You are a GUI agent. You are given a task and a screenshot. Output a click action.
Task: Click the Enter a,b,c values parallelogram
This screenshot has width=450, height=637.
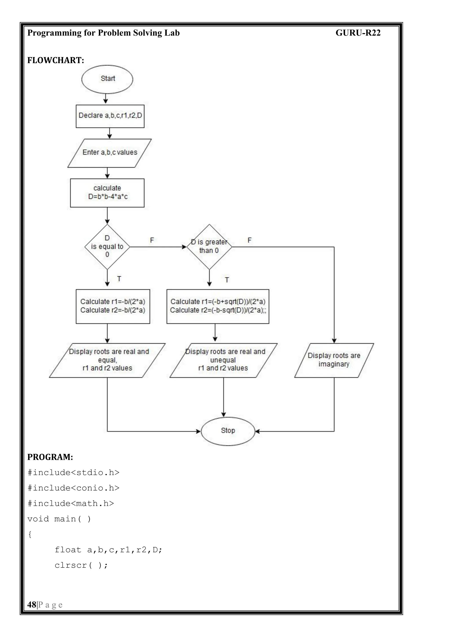109,153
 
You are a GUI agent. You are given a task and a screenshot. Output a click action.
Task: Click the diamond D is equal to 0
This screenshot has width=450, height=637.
107,247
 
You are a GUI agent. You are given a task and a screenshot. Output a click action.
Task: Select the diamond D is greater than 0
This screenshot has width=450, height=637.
209,247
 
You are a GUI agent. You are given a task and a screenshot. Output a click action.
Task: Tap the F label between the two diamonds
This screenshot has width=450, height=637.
152,240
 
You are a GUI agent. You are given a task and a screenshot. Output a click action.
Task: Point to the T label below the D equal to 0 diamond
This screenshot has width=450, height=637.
119,279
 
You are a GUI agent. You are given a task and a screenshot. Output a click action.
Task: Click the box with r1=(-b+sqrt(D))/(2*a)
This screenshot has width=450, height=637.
218,306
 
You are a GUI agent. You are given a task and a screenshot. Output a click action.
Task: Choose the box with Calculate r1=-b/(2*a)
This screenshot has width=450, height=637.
113,306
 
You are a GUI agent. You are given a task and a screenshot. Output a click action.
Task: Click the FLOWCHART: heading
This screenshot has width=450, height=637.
56,60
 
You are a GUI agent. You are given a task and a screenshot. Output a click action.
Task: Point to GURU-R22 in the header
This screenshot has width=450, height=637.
358,33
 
